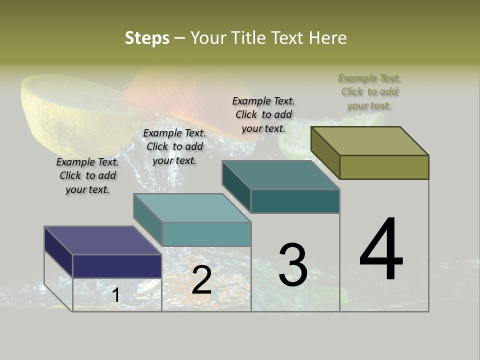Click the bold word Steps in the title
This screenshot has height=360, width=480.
tap(147, 38)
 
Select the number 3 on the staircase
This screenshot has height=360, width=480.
tap(293, 265)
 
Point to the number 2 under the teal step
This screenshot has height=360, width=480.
tap(201, 280)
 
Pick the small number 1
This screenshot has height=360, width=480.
tap(115, 295)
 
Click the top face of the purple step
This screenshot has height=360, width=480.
tap(102, 240)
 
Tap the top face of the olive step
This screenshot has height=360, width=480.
tap(370, 141)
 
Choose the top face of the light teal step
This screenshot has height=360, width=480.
tap(192, 208)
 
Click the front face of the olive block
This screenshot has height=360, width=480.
tap(384, 167)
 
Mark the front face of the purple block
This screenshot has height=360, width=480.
tap(117, 266)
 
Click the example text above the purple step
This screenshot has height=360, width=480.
tap(87, 175)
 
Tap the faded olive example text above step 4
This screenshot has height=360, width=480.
tap(369, 91)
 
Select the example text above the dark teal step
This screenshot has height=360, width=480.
tap(263, 114)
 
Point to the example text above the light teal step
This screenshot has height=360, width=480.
tap(174, 146)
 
